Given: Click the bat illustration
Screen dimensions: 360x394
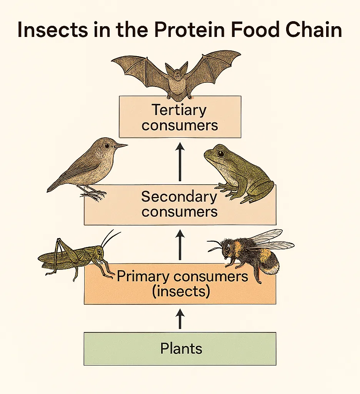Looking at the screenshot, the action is pyautogui.click(x=177, y=78).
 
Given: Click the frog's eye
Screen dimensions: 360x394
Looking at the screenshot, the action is pyautogui.click(x=220, y=153).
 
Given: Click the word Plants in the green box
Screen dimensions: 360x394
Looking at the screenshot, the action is pyautogui.click(x=181, y=349).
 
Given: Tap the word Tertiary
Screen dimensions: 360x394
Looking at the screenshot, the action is pyautogui.click(x=179, y=110).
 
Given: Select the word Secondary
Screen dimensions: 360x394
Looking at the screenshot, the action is pyautogui.click(x=179, y=197).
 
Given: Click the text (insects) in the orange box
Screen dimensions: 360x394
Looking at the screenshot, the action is pyautogui.click(x=181, y=291).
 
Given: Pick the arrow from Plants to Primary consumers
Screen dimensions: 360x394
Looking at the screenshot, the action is pyautogui.click(x=180, y=319).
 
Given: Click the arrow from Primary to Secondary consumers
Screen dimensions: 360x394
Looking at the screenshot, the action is pyautogui.click(x=180, y=245).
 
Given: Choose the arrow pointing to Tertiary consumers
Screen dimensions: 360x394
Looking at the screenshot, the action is pyautogui.click(x=180, y=162).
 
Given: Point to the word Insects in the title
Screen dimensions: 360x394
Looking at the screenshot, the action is pyautogui.click(x=53, y=30).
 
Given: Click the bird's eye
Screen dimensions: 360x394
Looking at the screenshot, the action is pyautogui.click(x=107, y=145).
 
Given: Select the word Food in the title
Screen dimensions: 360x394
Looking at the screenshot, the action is pyautogui.click(x=255, y=30).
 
